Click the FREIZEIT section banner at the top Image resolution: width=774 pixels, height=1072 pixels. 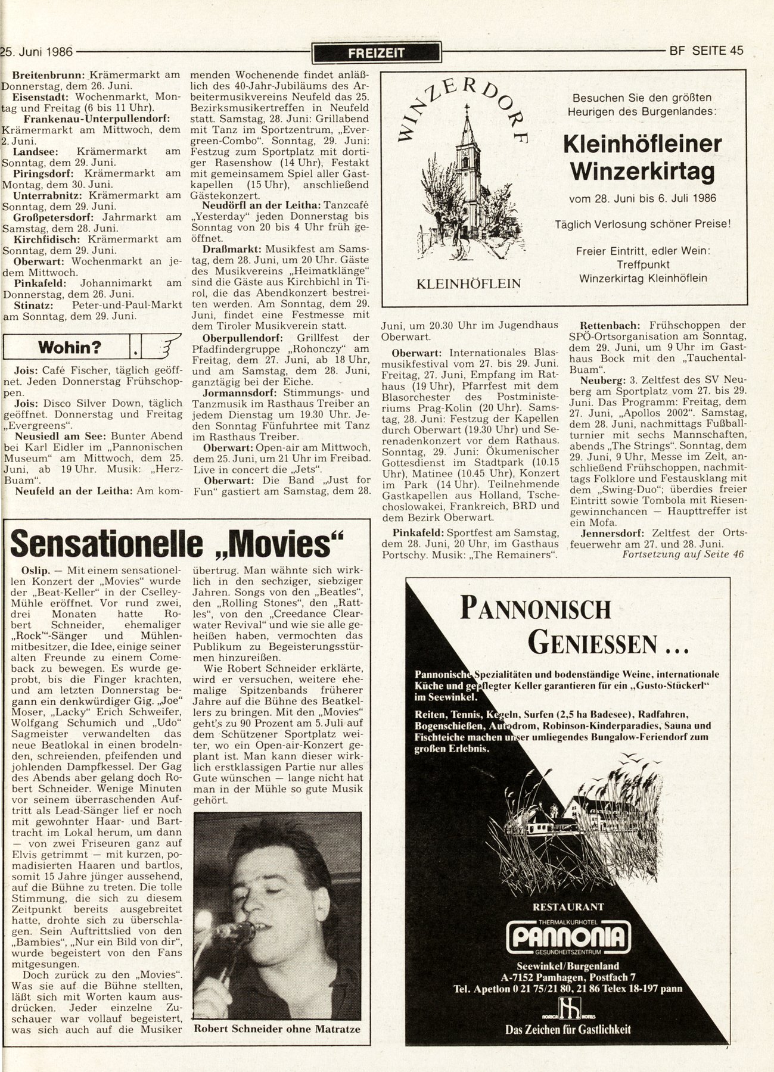[376, 52]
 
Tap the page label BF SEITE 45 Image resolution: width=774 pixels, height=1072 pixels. [707, 51]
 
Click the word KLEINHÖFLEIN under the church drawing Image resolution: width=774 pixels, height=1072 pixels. [468, 283]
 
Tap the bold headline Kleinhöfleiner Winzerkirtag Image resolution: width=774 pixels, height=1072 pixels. [642, 158]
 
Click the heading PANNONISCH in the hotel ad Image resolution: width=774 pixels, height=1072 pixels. [536, 609]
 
